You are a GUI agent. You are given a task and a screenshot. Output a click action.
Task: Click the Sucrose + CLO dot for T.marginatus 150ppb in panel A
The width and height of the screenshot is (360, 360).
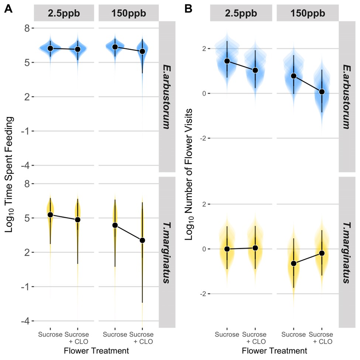[142, 240]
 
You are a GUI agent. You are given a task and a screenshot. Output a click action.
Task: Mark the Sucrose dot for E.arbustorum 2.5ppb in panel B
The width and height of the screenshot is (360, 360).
[227, 61]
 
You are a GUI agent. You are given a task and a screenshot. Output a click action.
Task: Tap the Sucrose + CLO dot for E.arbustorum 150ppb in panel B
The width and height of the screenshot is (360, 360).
[322, 92]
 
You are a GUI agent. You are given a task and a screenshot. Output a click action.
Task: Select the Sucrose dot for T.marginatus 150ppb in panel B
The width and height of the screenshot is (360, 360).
[294, 263]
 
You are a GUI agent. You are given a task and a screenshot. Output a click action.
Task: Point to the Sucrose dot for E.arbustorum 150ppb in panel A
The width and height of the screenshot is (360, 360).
[115, 47]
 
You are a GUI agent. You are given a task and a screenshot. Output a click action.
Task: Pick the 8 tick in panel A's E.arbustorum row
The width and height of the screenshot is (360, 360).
[27, 28]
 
